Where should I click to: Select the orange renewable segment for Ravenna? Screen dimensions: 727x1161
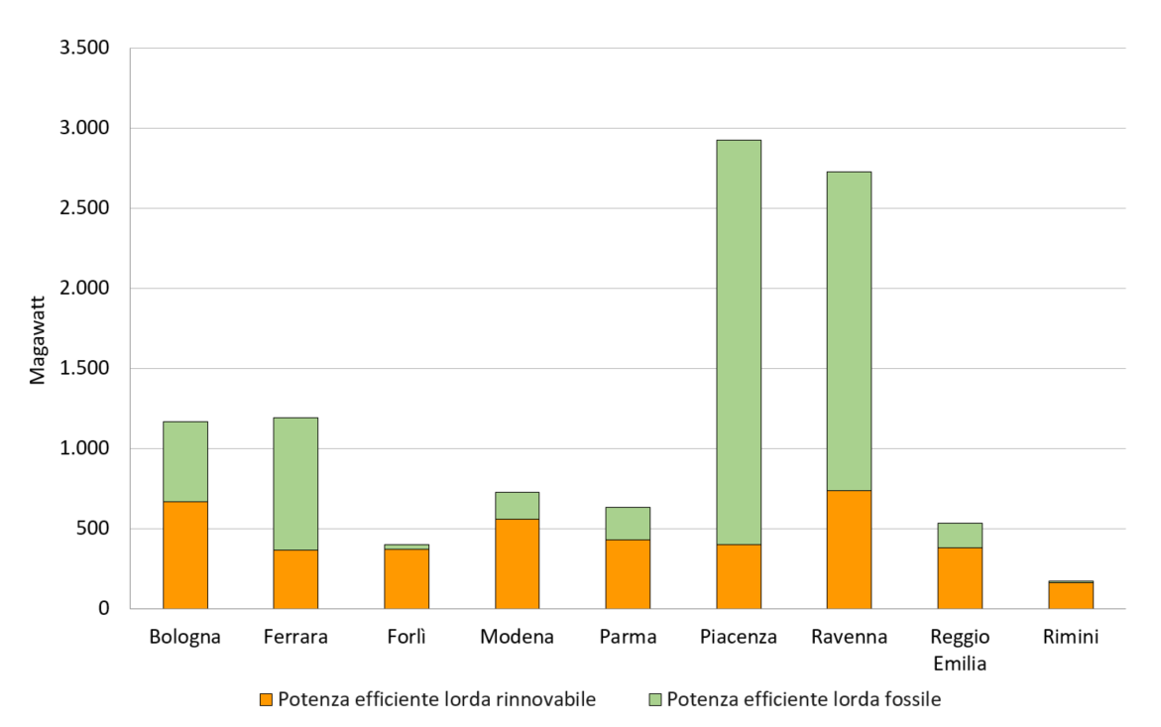pos(849,549)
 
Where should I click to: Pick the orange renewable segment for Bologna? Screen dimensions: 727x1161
pos(185,555)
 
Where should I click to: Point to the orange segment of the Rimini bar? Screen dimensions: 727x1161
pos(1071,595)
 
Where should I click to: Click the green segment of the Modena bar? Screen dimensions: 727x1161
pos(518,506)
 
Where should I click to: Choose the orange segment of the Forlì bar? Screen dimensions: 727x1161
pos(406,578)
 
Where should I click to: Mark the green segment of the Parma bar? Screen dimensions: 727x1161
pos(628,524)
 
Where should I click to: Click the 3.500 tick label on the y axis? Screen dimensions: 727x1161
pos(84,49)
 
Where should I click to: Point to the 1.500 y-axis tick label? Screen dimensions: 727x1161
pos(84,369)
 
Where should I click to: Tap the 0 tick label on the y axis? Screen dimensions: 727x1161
pos(102,609)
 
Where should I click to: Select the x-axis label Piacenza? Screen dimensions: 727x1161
pos(739,637)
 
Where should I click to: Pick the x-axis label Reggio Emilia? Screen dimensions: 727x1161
pos(960,650)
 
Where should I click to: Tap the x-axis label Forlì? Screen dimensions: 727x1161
pos(406,637)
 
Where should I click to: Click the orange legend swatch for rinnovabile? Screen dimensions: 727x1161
pos(265,700)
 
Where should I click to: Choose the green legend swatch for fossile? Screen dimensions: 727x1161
pos(654,700)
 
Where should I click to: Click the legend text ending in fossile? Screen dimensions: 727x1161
pos(804,700)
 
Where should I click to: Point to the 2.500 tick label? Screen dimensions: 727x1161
pos(84,209)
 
